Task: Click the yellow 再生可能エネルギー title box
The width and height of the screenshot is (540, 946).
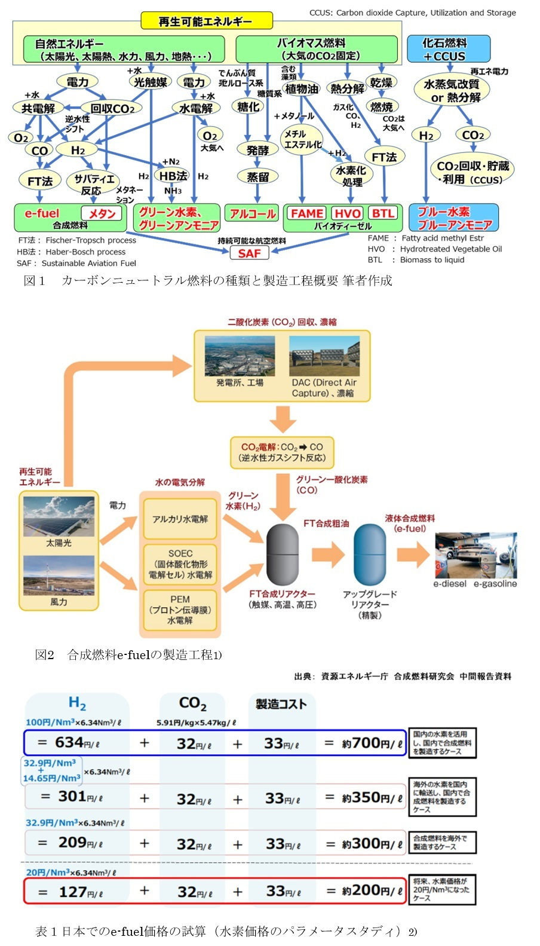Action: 206,22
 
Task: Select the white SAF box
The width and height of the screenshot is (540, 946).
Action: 249,253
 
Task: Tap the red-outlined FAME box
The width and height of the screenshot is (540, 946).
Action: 306,213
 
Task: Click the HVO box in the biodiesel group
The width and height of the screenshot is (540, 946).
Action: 347,213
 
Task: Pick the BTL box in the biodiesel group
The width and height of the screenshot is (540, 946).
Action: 383,213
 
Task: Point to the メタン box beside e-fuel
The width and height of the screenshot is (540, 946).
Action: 102,213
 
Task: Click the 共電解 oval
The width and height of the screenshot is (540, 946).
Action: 38,108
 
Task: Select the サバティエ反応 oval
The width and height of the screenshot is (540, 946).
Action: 93,184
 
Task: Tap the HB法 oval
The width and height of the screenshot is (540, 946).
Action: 173,176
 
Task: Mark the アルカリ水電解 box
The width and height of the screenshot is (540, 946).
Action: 180,519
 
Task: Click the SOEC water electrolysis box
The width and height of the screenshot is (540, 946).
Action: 180,564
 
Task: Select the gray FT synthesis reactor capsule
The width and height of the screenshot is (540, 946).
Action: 282,555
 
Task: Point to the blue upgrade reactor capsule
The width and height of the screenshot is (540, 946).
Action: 370,555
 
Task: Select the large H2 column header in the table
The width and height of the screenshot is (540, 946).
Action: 77,703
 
